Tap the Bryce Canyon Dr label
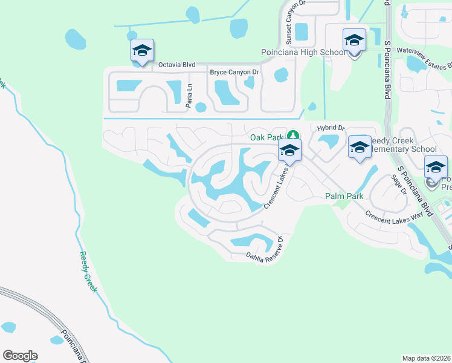click(234, 73)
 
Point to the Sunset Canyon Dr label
click(288, 28)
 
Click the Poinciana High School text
click(303, 53)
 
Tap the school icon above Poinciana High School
click(354, 41)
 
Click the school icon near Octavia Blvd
click(142, 51)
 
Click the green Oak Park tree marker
click(293, 136)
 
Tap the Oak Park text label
click(267, 137)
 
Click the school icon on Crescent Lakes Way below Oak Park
click(289, 151)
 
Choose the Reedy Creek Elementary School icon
click(360, 147)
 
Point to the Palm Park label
click(344, 196)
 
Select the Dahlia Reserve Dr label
click(264, 251)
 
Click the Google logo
click(20, 356)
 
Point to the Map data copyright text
click(426, 358)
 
